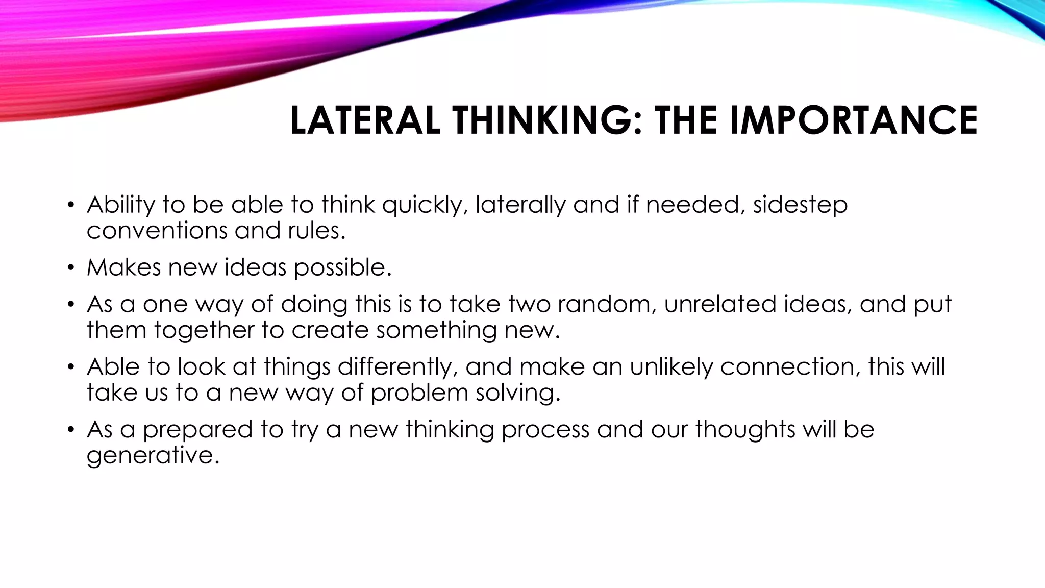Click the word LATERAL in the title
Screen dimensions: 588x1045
(x=365, y=120)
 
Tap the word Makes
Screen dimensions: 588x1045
(x=123, y=267)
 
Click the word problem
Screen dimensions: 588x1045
(x=419, y=393)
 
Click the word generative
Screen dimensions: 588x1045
(x=153, y=456)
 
